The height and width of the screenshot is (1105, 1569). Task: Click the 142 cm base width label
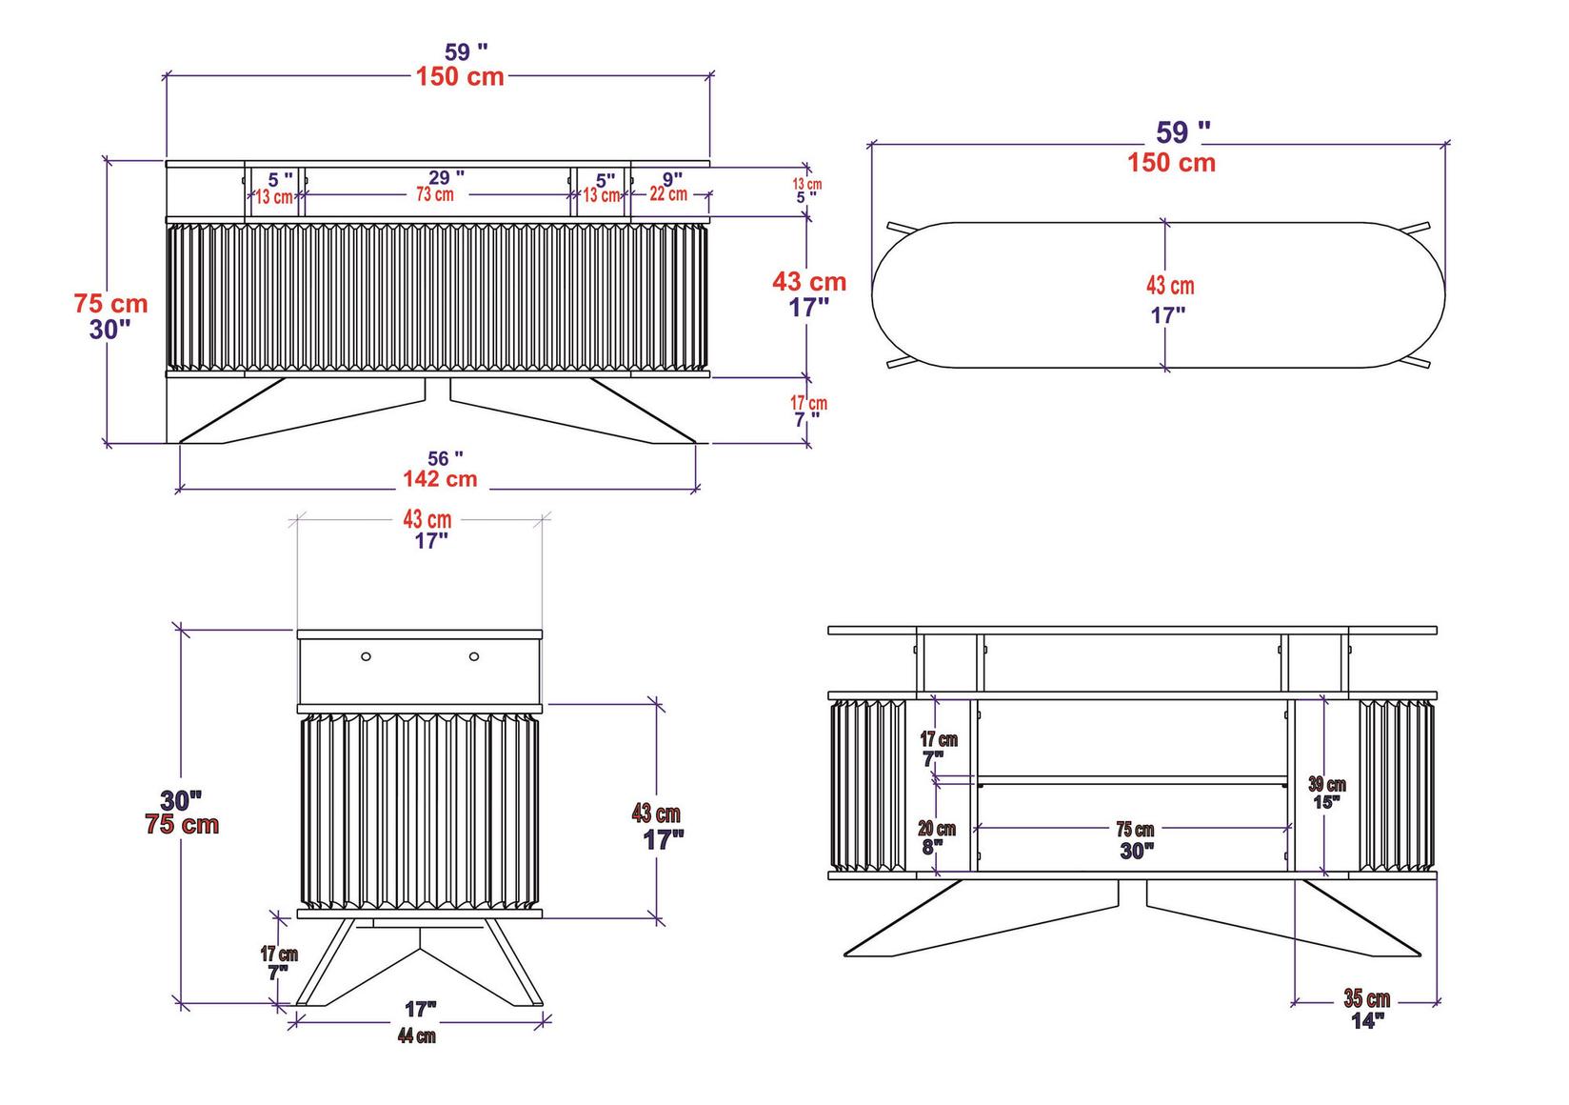[x=439, y=479]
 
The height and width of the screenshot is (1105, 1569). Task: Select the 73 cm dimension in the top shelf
[x=434, y=194]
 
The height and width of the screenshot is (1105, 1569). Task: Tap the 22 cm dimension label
[x=668, y=194]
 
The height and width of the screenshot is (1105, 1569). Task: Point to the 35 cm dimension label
[x=1366, y=999]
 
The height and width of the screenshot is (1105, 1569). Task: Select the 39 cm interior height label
[x=1327, y=785]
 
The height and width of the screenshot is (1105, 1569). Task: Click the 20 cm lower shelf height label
[x=937, y=829]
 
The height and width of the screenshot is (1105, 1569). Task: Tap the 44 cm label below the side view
[x=417, y=1036]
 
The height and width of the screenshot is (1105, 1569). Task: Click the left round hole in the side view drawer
[x=366, y=656]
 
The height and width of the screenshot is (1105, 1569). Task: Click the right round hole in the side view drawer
[x=474, y=656]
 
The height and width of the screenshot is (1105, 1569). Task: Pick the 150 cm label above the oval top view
[x=1171, y=163]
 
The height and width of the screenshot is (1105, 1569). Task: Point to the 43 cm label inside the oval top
[x=1169, y=286]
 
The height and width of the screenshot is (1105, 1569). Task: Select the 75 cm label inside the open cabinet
[x=1135, y=831]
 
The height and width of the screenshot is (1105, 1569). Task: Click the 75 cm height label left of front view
[x=111, y=304]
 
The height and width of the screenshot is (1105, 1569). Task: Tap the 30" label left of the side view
[x=181, y=799]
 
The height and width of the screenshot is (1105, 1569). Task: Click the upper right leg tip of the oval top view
[x=1427, y=225]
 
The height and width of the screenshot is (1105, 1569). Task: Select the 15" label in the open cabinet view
[x=1327, y=802]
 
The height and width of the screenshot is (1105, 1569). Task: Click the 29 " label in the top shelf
[x=446, y=177]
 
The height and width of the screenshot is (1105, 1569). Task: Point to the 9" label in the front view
[x=672, y=178]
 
